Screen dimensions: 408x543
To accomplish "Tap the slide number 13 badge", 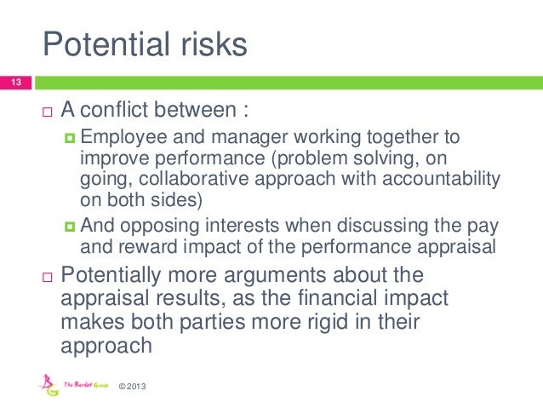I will point(14,83).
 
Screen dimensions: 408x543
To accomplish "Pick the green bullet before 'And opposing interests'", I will point(70,226).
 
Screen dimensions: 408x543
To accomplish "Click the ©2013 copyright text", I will point(134,388).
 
